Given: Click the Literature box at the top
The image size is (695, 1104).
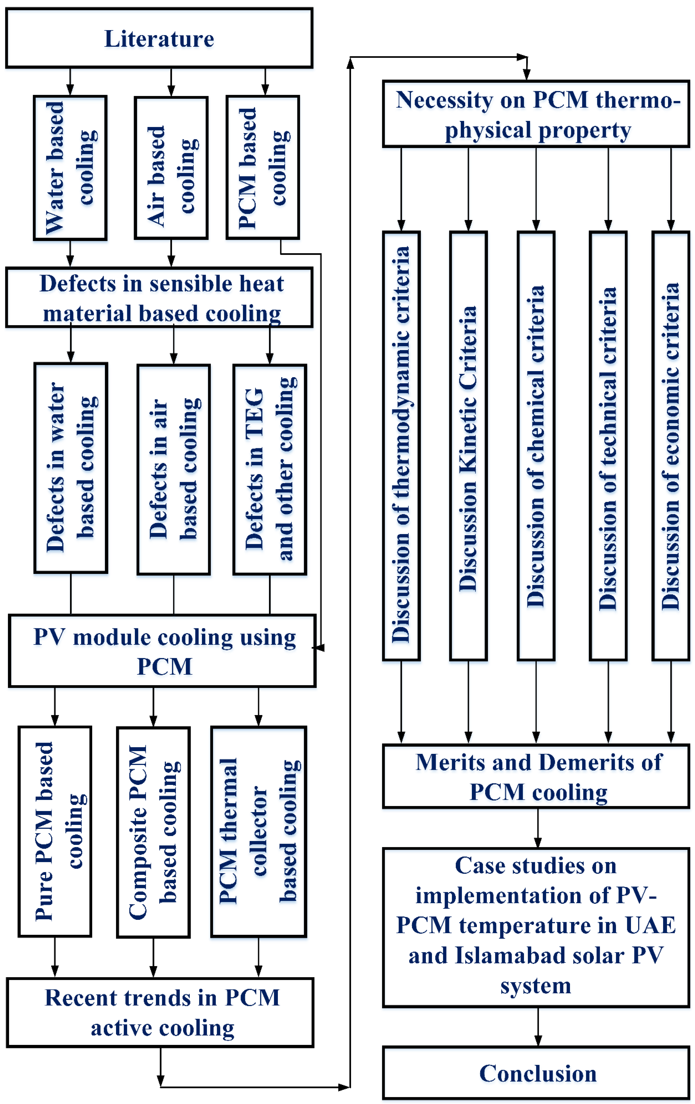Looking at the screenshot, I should click(x=159, y=38).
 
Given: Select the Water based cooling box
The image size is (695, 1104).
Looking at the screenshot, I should click(x=70, y=168).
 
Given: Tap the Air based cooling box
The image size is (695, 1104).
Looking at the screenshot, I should click(x=171, y=168).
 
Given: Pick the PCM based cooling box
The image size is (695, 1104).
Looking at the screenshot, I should click(x=263, y=168).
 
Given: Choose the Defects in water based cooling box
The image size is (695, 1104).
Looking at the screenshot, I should click(x=71, y=468).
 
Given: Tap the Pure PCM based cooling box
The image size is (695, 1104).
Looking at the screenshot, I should click(x=55, y=831).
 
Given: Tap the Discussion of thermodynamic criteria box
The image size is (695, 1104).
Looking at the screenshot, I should click(x=401, y=446).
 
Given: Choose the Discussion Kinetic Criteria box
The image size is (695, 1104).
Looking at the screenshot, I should click(x=468, y=446).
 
